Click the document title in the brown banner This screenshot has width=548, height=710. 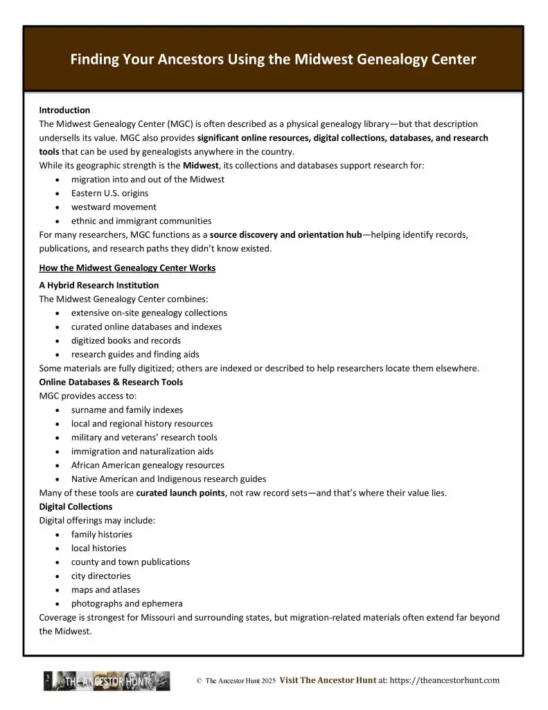point(273,60)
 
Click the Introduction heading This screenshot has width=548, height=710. point(64,110)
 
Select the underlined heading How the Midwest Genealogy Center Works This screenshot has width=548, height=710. point(127,268)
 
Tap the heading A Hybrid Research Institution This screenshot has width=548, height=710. point(98,285)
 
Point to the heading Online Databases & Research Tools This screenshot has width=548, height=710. point(111,382)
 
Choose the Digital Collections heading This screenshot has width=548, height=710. point(76,507)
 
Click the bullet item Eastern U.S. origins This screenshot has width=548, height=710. point(109,193)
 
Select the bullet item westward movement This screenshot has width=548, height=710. point(114,207)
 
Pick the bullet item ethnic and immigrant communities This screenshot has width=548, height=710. point(141,221)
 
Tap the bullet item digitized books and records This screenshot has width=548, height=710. point(126,340)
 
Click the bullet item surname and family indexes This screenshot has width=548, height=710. point(127,410)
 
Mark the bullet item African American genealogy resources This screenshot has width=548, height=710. point(148,465)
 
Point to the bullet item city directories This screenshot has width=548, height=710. point(100,576)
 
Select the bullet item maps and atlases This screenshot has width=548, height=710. point(105,590)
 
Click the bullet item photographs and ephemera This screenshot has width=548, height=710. point(127,604)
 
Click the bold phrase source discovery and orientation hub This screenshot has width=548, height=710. point(286,235)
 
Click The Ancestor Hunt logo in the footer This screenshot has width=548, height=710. point(107,681)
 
